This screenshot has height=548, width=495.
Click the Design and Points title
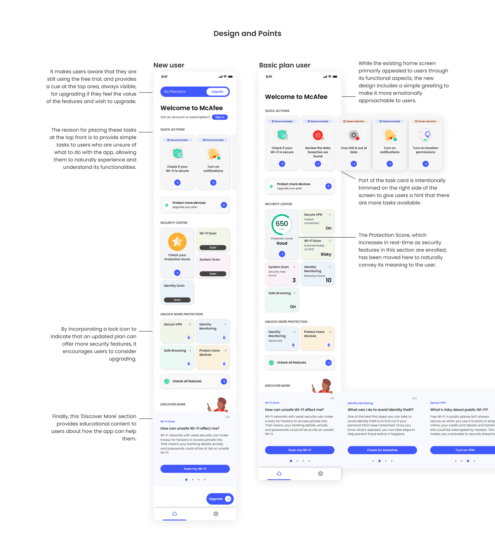247,33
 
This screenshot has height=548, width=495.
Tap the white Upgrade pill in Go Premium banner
217,92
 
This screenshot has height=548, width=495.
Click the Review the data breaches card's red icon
318,135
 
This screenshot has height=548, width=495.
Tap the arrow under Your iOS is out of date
353,164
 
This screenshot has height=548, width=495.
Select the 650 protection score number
281,223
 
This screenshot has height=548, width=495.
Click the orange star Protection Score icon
177,241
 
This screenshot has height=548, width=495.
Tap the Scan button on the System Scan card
213,274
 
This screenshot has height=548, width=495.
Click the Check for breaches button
382,450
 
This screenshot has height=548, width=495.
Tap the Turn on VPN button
464,450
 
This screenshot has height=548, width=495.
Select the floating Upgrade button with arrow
220,499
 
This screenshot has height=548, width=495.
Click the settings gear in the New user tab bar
216,514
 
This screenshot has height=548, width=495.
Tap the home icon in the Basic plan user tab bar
279,474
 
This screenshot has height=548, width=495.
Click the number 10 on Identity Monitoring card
328,280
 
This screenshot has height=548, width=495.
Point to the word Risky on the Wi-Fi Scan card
326,254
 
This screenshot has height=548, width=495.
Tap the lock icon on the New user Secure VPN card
188,337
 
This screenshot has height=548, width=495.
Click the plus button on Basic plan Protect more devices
328,186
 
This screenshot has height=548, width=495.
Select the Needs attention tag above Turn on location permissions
425,121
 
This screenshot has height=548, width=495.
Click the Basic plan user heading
285,65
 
